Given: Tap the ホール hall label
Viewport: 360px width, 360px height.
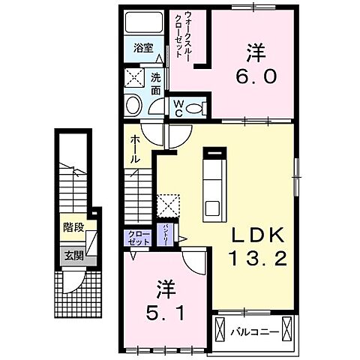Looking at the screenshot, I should pyautogui.click(x=134, y=150).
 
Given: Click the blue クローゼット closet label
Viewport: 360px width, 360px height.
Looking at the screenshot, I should pyautogui.click(x=135, y=238).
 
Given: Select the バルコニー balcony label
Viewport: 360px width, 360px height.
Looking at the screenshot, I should pyautogui.click(x=250, y=330).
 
